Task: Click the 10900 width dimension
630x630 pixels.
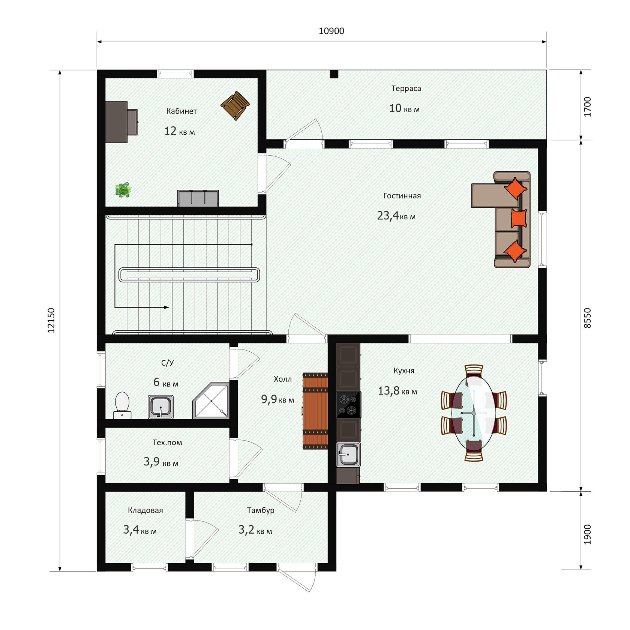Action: coord(331,31)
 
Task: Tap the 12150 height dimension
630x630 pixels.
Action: coord(51,320)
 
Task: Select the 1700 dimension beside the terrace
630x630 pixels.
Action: coord(587,107)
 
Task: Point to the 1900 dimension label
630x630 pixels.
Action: coord(587,534)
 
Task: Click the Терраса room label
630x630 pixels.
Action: coord(406,88)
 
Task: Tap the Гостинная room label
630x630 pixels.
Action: coord(402,196)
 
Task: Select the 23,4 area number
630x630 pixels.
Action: coord(388,216)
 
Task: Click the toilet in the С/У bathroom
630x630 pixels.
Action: coord(122,405)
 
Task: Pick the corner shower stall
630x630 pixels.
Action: coord(211,400)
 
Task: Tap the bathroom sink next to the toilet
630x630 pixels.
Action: coord(160,406)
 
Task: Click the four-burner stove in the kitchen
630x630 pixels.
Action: coord(348,405)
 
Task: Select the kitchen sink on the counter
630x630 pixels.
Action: coord(348,454)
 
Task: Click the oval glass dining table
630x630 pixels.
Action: coord(474,412)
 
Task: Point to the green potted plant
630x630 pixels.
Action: coord(123,190)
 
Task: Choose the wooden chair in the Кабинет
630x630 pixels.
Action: coord(235,105)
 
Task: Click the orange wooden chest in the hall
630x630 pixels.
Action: coord(315,411)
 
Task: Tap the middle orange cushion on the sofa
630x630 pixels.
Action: coord(519,218)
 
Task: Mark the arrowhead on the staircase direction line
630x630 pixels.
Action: coord(167,307)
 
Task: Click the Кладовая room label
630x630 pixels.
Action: coord(145,510)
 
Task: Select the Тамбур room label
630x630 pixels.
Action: coord(261,510)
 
